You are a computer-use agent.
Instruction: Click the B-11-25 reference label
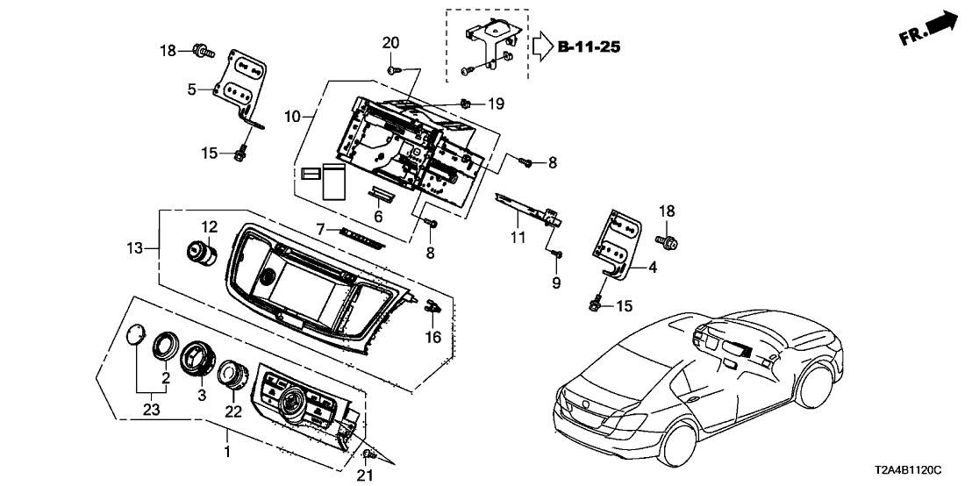point(590,46)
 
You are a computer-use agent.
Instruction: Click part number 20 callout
point(390,42)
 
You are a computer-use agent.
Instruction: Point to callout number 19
point(496,104)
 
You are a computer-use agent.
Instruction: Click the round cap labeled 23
point(135,336)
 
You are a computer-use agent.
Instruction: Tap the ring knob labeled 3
point(193,360)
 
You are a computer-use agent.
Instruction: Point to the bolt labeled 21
point(368,454)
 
